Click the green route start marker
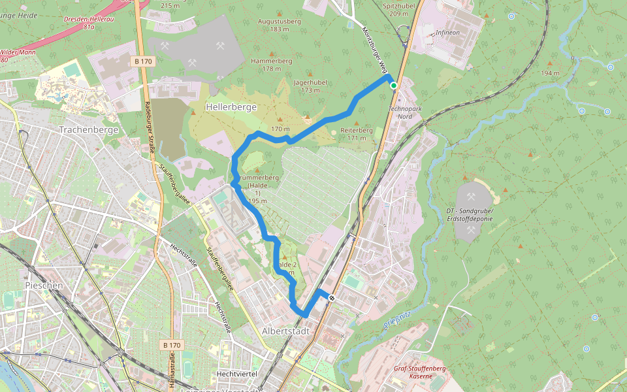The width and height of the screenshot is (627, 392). click(394, 85)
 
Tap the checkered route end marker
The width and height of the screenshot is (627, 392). click(332, 298)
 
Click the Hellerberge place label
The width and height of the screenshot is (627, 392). click(231, 106)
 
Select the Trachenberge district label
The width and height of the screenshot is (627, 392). click(89, 129)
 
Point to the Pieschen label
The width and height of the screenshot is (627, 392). click(44, 286)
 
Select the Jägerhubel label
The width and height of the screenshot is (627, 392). click(310, 83)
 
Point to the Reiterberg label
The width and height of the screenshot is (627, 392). click(357, 130)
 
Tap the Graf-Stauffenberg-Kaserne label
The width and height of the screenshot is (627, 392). click(419, 372)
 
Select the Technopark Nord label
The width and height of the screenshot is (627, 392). click(400, 112)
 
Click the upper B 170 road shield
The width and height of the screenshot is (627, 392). click(143, 61)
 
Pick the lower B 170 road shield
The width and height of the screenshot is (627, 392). click(172, 344)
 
